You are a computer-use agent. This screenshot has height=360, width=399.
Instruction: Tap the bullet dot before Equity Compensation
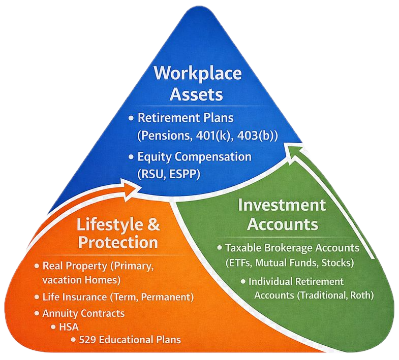(x=131, y=156)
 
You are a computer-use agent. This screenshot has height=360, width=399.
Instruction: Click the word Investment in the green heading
(x=282, y=205)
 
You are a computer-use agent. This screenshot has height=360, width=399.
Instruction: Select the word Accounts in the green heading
(x=282, y=224)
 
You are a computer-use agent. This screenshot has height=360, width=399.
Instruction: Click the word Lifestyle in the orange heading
(x=105, y=223)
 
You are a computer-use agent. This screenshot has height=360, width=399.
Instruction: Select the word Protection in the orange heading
(x=118, y=242)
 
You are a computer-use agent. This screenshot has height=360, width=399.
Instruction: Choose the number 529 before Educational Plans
(x=89, y=340)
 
